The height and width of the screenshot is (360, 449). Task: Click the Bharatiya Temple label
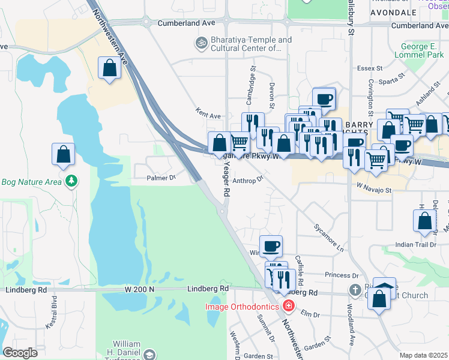point(252,44)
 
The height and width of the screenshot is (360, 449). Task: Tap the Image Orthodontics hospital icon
point(289,307)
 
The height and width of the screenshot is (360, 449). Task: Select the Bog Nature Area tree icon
point(71,181)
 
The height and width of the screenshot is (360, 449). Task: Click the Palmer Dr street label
point(161,178)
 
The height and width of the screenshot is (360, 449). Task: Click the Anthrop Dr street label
point(248,179)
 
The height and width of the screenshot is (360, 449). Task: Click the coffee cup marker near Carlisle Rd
point(271,246)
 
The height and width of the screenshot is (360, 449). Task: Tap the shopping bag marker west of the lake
point(63,155)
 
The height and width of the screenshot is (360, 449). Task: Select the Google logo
point(20,352)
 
